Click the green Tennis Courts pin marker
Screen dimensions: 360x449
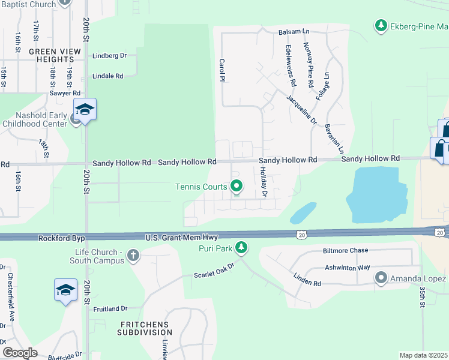click(237, 187)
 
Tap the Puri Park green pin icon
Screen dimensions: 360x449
click(241, 247)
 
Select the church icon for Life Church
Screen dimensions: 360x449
click(133, 256)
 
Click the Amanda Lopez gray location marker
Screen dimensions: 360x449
click(381, 278)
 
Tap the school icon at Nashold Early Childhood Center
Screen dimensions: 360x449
click(85, 110)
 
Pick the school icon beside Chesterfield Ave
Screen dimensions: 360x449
click(65, 290)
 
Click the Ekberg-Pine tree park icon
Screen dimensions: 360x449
click(380, 26)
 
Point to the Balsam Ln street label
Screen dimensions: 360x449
click(293, 32)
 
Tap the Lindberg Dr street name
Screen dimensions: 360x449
click(110, 56)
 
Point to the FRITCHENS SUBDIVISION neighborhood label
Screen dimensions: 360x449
click(145, 328)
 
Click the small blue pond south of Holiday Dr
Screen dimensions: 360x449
click(303, 212)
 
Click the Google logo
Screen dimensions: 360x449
click(20, 352)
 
